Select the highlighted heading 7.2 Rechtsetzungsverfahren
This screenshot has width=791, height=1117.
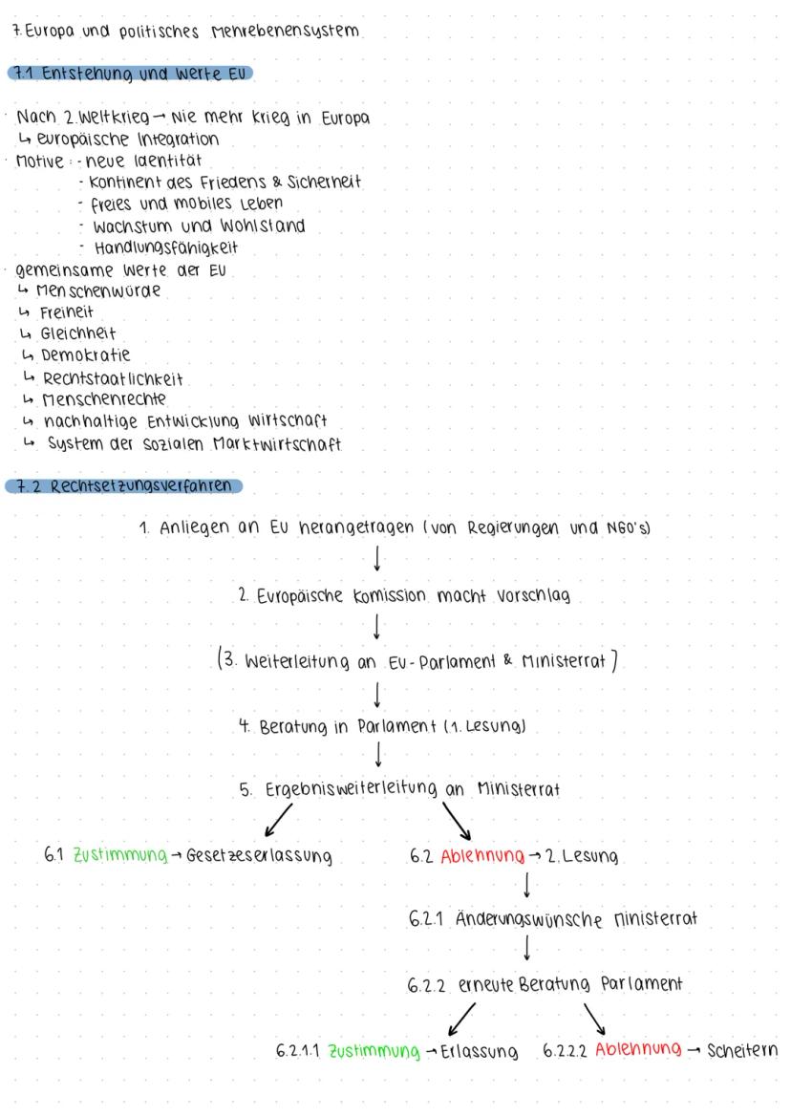123,484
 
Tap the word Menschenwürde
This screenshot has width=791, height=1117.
99,291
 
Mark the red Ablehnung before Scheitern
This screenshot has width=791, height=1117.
638,1051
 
